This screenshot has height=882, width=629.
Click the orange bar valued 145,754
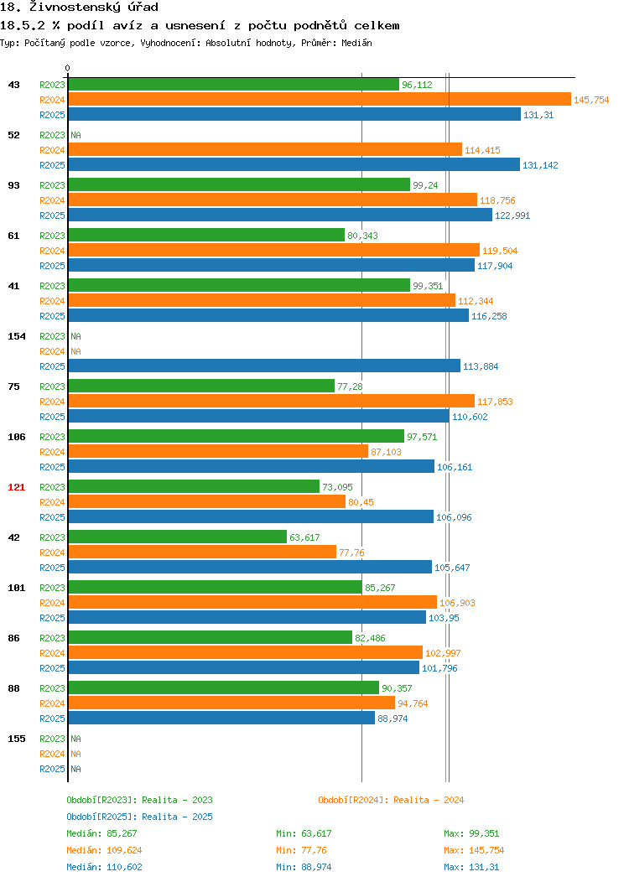point(320,100)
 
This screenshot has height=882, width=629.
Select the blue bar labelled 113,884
point(264,366)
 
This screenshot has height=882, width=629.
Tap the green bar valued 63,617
point(178,537)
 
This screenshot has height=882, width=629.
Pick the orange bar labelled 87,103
point(218,452)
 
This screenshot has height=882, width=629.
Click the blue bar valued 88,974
point(221,719)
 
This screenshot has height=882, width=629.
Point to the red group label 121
point(16,487)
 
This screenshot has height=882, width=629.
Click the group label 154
point(16,336)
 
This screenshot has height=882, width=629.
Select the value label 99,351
point(428,286)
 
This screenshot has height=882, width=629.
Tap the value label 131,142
point(540,165)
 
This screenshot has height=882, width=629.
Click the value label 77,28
point(350,387)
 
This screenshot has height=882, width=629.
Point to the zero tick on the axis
point(68,69)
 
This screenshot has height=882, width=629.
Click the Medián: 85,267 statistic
point(101,833)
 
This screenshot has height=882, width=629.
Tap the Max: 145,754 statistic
point(474,850)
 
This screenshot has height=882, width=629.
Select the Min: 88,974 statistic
point(304,868)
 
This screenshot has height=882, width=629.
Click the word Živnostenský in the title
point(75,8)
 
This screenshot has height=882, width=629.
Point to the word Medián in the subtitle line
point(356,43)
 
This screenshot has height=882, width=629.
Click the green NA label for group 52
point(76,135)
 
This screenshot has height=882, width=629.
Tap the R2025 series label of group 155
point(52,769)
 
